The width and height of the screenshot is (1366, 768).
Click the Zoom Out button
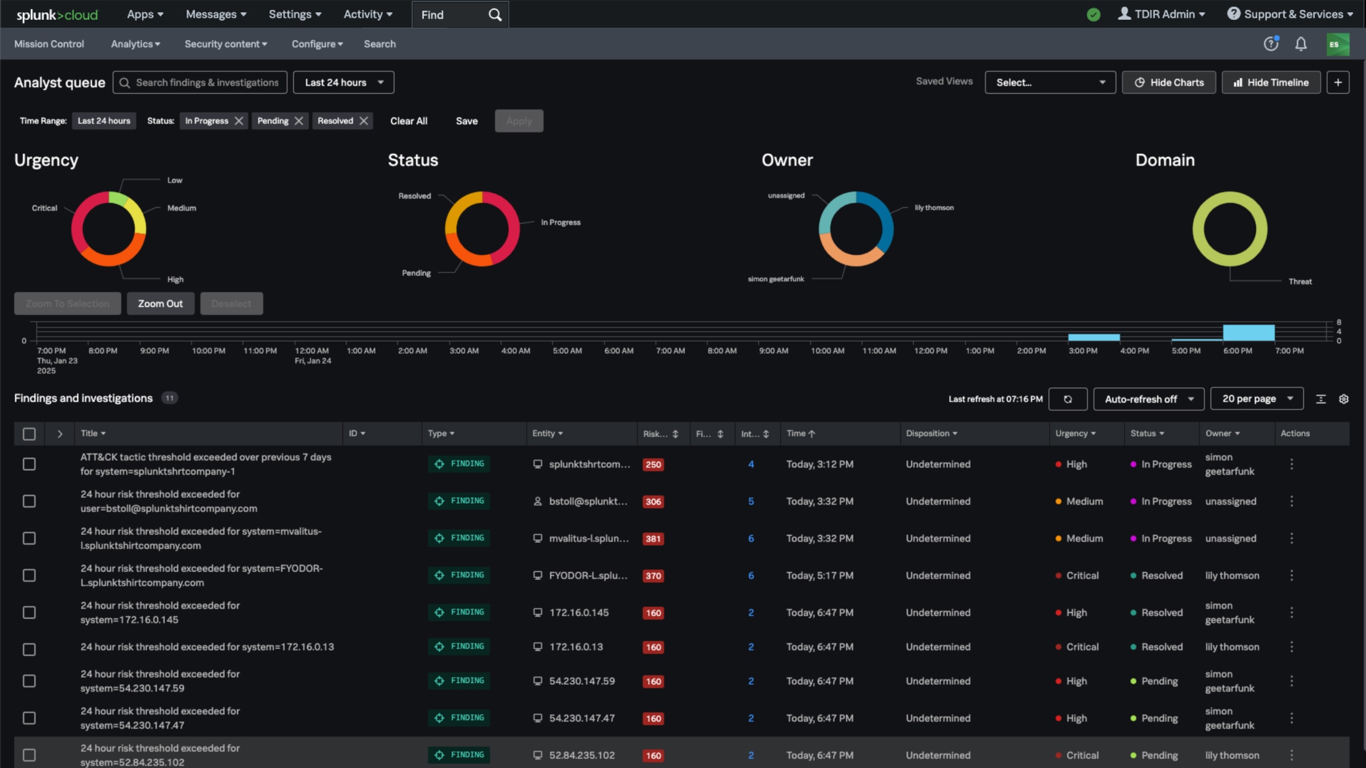(x=160, y=303)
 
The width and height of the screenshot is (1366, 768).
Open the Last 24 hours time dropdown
(x=343, y=82)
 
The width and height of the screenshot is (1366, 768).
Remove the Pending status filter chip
(x=299, y=121)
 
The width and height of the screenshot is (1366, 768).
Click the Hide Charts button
(x=1168, y=82)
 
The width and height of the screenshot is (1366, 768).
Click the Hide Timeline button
(x=1271, y=82)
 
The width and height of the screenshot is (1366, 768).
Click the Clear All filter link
(x=409, y=121)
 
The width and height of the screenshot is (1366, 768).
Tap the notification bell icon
(x=1301, y=44)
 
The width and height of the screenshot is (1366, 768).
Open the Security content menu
(x=226, y=44)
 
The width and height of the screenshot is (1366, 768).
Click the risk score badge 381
(x=653, y=538)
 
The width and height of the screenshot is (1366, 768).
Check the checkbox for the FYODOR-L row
(x=29, y=575)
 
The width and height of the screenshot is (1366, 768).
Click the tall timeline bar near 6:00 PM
(x=1248, y=332)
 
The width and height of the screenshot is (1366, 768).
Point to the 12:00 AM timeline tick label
(x=312, y=351)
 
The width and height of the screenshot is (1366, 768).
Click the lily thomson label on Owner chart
(x=933, y=208)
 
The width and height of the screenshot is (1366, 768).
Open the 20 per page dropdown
(x=1256, y=399)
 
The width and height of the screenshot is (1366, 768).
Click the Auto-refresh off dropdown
(x=1148, y=399)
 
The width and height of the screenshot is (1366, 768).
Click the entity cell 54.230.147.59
(x=581, y=681)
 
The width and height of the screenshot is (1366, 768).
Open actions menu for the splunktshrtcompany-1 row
(x=1292, y=464)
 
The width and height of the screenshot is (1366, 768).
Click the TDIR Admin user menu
(x=1161, y=14)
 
